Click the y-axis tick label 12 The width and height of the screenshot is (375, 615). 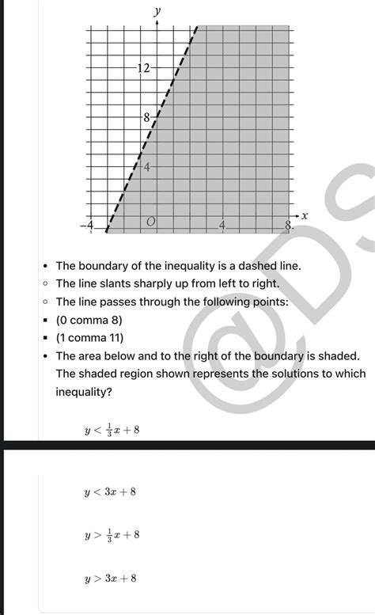pyautogui.click(x=143, y=69)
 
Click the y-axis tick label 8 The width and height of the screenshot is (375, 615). pyautogui.click(x=146, y=118)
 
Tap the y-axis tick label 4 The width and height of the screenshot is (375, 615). pyautogui.click(x=146, y=167)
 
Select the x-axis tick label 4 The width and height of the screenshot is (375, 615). pyautogui.click(x=222, y=226)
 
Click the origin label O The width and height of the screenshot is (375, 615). pyautogui.click(x=150, y=225)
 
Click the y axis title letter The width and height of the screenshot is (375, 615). pyautogui.click(x=157, y=11)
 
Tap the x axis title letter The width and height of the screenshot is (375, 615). pyautogui.click(x=304, y=215)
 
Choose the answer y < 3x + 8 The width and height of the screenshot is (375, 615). pyautogui.click(x=110, y=492)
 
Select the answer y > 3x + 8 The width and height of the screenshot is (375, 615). pyautogui.click(x=110, y=579)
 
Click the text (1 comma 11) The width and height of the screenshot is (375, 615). pyautogui.click(x=91, y=338)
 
